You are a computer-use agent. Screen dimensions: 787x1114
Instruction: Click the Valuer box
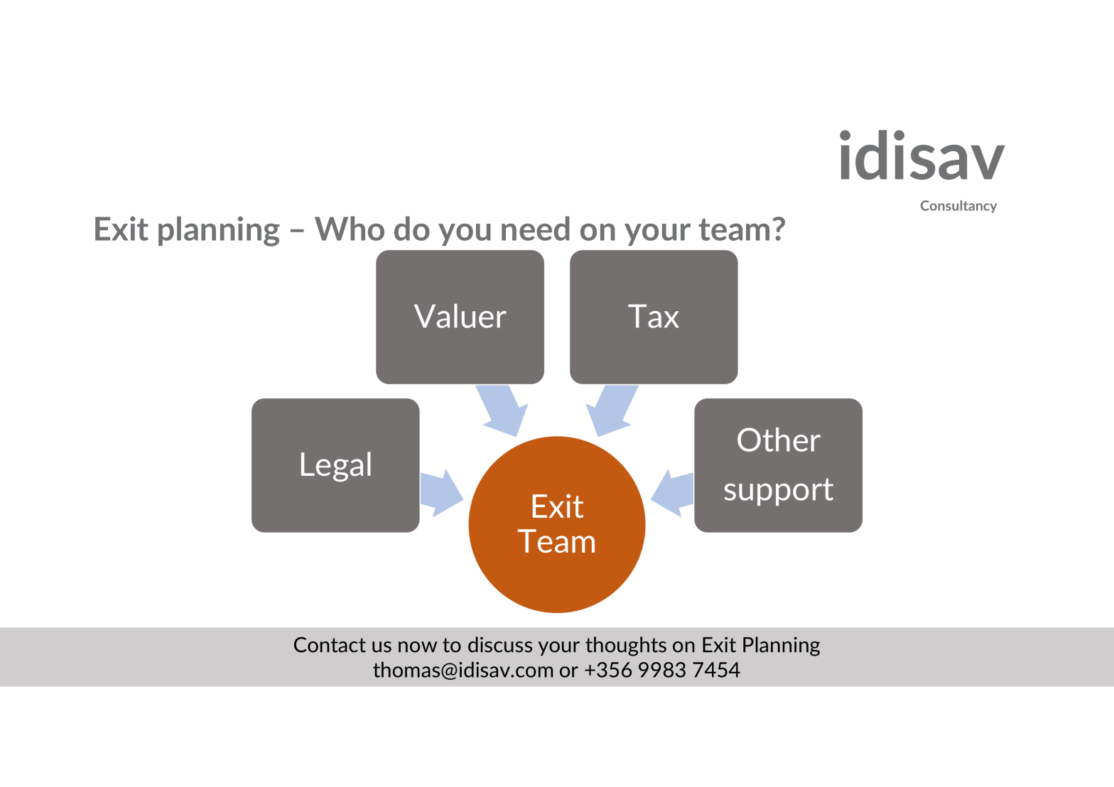coord(460,317)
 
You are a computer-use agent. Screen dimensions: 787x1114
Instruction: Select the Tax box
coord(654,317)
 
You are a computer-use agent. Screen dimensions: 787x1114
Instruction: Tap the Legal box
coord(335,465)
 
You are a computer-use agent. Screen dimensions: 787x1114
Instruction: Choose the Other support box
coord(778,465)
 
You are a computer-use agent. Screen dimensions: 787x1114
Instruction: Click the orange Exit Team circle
coord(557,524)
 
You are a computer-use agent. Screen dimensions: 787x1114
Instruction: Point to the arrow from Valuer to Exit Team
coord(503,411)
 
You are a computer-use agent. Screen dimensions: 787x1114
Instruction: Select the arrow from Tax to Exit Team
coord(610,411)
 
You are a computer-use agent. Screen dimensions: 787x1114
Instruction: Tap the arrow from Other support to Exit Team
coord(673,492)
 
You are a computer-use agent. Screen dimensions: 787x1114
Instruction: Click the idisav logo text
coord(921,157)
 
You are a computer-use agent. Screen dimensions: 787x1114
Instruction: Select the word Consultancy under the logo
coord(958,206)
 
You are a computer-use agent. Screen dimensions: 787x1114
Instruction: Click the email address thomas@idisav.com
coord(463,670)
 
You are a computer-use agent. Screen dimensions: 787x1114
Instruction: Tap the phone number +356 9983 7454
coord(662,670)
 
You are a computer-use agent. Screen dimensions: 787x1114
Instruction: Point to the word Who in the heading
coord(349,229)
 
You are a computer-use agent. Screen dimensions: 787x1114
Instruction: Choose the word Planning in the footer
coord(781,646)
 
